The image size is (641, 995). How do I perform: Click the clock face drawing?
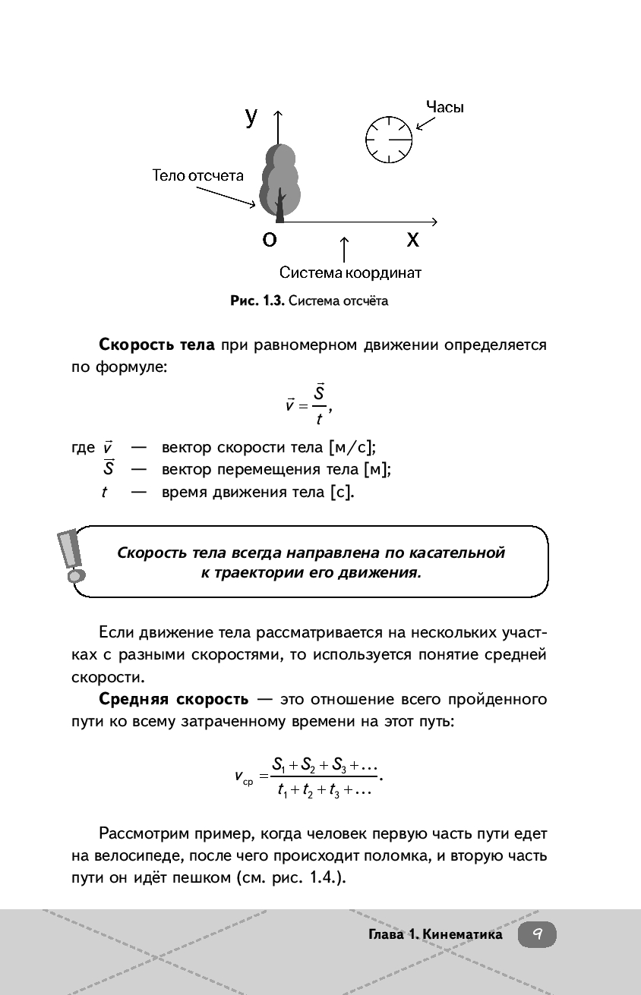click(389, 140)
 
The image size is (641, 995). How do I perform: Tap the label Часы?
click(444, 107)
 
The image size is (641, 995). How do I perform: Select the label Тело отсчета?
click(198, 175)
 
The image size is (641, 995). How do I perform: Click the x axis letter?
click(412, 239)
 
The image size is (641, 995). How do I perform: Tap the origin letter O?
click(269, 239)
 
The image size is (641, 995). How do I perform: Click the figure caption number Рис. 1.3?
click(257, 301)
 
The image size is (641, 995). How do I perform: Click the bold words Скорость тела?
click(157, 345)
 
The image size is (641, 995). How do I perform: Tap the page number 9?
click(537, 934)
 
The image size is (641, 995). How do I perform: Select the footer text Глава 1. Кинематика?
click(435, 934)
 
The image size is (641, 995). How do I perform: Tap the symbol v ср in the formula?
click(245, 777)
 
